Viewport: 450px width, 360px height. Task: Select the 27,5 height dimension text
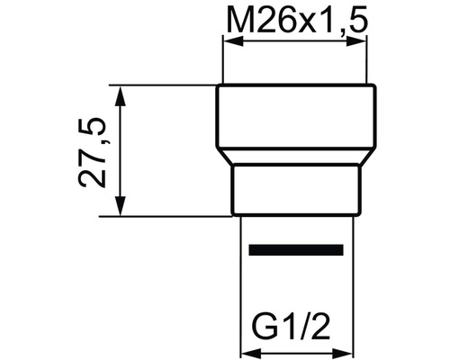click(x=94, y=150)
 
